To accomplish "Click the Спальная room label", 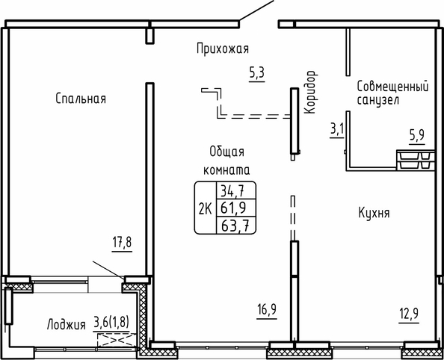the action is pos(81,99).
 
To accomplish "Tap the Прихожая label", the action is pos(223,49).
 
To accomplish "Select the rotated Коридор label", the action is pos(311,92).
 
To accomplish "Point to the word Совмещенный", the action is pos(392,87).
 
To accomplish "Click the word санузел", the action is pos(378,100).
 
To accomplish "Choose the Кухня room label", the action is pos(374,213).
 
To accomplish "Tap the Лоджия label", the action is pos(67,324).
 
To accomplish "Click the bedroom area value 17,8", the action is pos(122,243).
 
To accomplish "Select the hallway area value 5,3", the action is pos(257,73).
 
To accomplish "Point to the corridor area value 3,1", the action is pos(336,130).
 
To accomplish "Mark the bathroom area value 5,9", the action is pos(417,136).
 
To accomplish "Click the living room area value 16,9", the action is pos(267,310).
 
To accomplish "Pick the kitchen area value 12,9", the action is pos(409,314).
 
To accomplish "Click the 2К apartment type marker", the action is pos(206,210).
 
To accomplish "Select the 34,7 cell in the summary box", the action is pos(232,192).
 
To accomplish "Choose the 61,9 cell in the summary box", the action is pos(233,208).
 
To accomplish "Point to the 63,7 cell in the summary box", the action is pos(235,226).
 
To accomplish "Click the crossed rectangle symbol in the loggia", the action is pos(117,340).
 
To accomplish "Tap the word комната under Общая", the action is pos(226,170).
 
